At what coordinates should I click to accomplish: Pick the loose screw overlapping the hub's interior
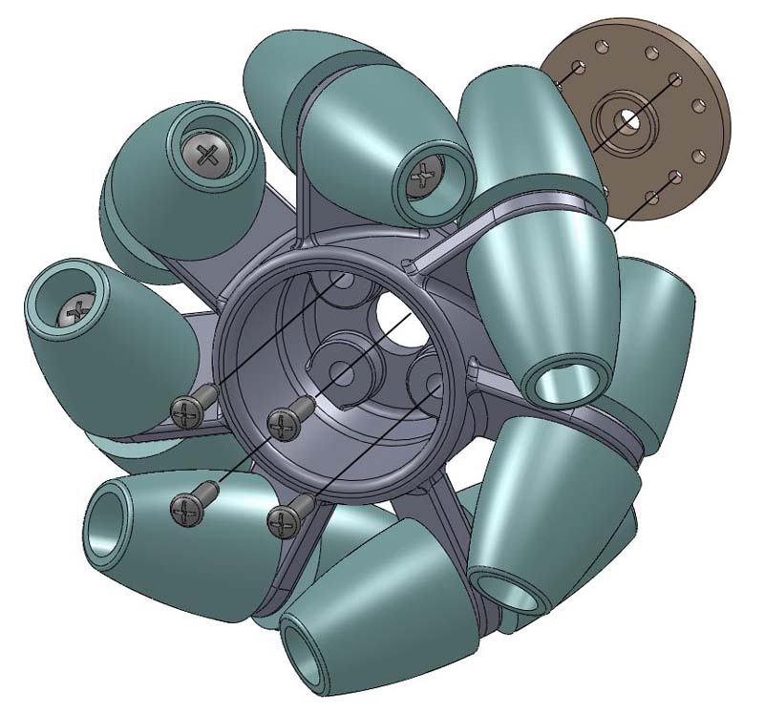pyautogui.click(x=286, y=421)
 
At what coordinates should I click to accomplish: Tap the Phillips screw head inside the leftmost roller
pyautogui.click(x=73, y=311)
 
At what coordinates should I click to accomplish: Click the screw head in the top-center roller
pyautogui.click(x=423, y=175)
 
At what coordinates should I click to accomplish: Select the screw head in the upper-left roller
pyautogui.click(x=209, y=153)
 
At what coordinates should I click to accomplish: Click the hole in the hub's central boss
pyautogui.click(x=343, y=364)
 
